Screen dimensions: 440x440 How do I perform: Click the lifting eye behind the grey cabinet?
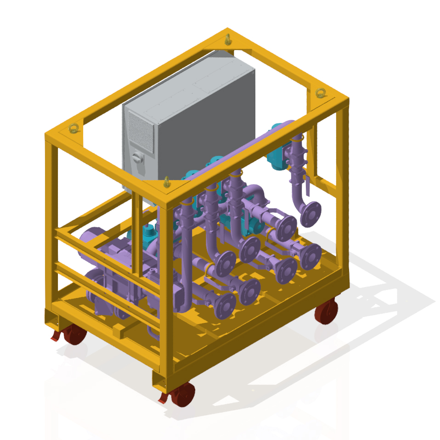(x=228, y=39)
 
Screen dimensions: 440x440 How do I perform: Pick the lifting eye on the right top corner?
(x=320, y=93)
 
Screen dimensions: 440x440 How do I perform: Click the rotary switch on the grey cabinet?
(x=136, y=158)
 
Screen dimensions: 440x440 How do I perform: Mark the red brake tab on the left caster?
(x=55, y=338)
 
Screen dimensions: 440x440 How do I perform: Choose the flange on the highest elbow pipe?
(x=311, y=212)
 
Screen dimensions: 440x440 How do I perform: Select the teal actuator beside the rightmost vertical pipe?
(x=278, y=154)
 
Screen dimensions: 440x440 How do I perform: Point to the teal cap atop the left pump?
(x=147, y=234)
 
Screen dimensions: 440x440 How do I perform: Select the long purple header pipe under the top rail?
(x=239, y=152)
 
